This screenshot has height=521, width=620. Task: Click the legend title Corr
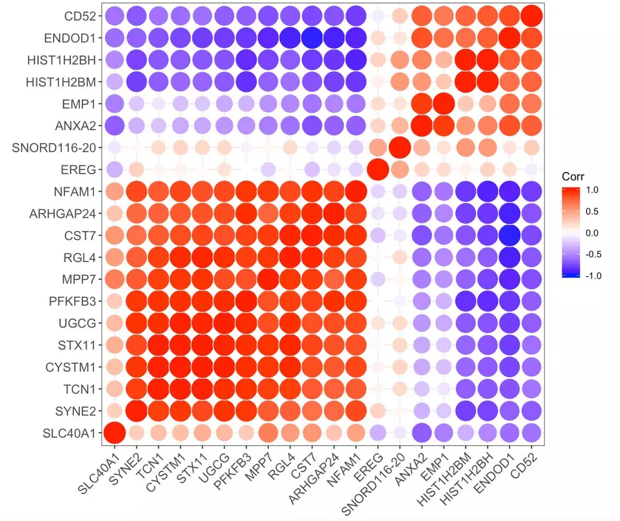[573, 177]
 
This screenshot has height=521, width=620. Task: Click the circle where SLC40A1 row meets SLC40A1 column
[115, 433]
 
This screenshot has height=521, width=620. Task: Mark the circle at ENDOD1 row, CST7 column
[312, 38]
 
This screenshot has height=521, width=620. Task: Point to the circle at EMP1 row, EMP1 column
[443, 103]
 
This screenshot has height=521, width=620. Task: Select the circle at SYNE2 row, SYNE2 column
[137, 411]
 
